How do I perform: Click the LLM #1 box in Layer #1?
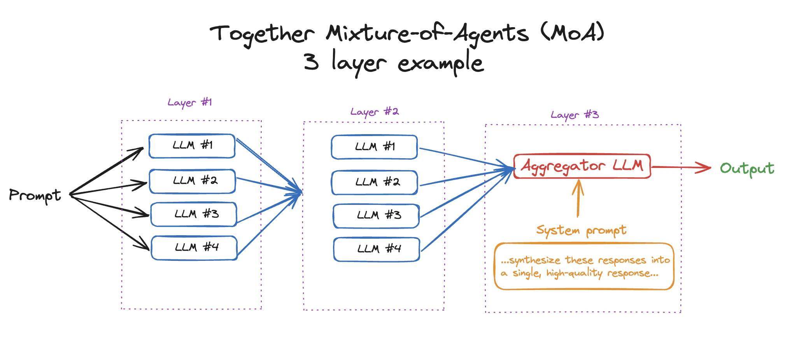click(192, 146)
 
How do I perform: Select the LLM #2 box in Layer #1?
click(193, 181)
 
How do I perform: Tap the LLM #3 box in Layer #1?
click(194, 214)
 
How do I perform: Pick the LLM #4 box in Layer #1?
click(194, 248)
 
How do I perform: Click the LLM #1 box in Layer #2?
click(374, 147)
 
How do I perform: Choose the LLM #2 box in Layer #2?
click(375, 182)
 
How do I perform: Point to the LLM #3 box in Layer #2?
click(376, 216)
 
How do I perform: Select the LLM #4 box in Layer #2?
click(377, 249)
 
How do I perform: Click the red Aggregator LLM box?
click(582, 166)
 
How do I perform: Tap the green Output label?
click(747, 169)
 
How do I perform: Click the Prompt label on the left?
click(35, 195)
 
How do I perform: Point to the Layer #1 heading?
click(189, 103)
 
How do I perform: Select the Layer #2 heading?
click(374, 112)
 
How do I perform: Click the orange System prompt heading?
click(581, 231)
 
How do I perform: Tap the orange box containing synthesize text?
click(584, 267)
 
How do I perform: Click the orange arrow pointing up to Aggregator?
click(578, 198)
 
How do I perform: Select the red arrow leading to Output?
click(681, 168)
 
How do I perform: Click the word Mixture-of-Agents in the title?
click(427, 33)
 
